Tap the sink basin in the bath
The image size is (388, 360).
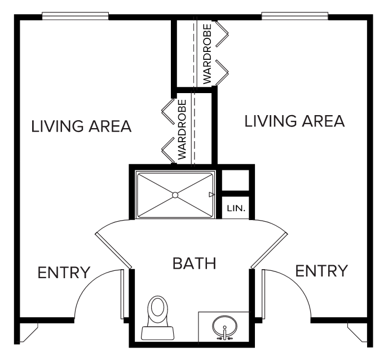point(224,326)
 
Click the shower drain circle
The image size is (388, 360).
point(175,195)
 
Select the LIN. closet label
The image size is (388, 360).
point(236,208)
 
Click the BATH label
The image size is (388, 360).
point(195,263)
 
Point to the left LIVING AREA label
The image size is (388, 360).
point(81,126)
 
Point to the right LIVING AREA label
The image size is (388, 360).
point(294,121)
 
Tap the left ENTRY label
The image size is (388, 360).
point(64,273)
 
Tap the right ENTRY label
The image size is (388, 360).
point(321,271)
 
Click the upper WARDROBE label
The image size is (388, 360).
point(207,54)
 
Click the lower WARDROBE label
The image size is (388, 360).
point(182,129)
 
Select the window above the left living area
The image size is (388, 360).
point(75,16)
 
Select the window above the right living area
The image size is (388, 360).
point(295,16)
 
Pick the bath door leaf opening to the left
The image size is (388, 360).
point(113,251)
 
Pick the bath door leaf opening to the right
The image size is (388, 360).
point(269,251)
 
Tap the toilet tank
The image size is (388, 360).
point(158,333)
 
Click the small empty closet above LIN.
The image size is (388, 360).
point(235,180)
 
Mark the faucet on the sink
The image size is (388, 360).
point(224,333)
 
